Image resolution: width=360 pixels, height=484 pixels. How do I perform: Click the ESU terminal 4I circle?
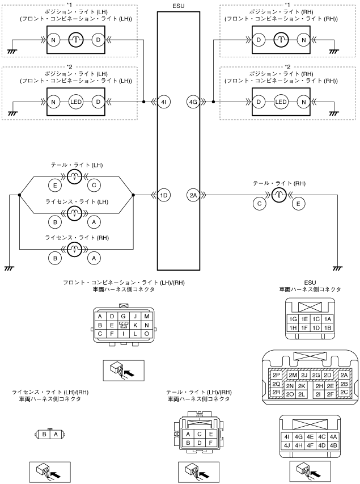[x=164, y=102]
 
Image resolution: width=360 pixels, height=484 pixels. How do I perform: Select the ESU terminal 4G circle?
[x=193, y=102]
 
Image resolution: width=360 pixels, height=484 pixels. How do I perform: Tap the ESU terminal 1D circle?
[x=164, y=195]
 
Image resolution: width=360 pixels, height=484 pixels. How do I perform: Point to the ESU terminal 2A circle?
[x=193, y=195]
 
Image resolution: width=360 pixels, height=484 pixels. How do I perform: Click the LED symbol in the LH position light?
[x=76, y=102]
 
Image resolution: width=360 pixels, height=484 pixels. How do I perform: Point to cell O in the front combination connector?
[x=146, y=335]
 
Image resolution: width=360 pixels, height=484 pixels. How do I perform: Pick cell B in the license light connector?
[x=44, y=435]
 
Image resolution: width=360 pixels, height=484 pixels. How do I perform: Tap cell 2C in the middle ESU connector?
[x=344, y=392]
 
